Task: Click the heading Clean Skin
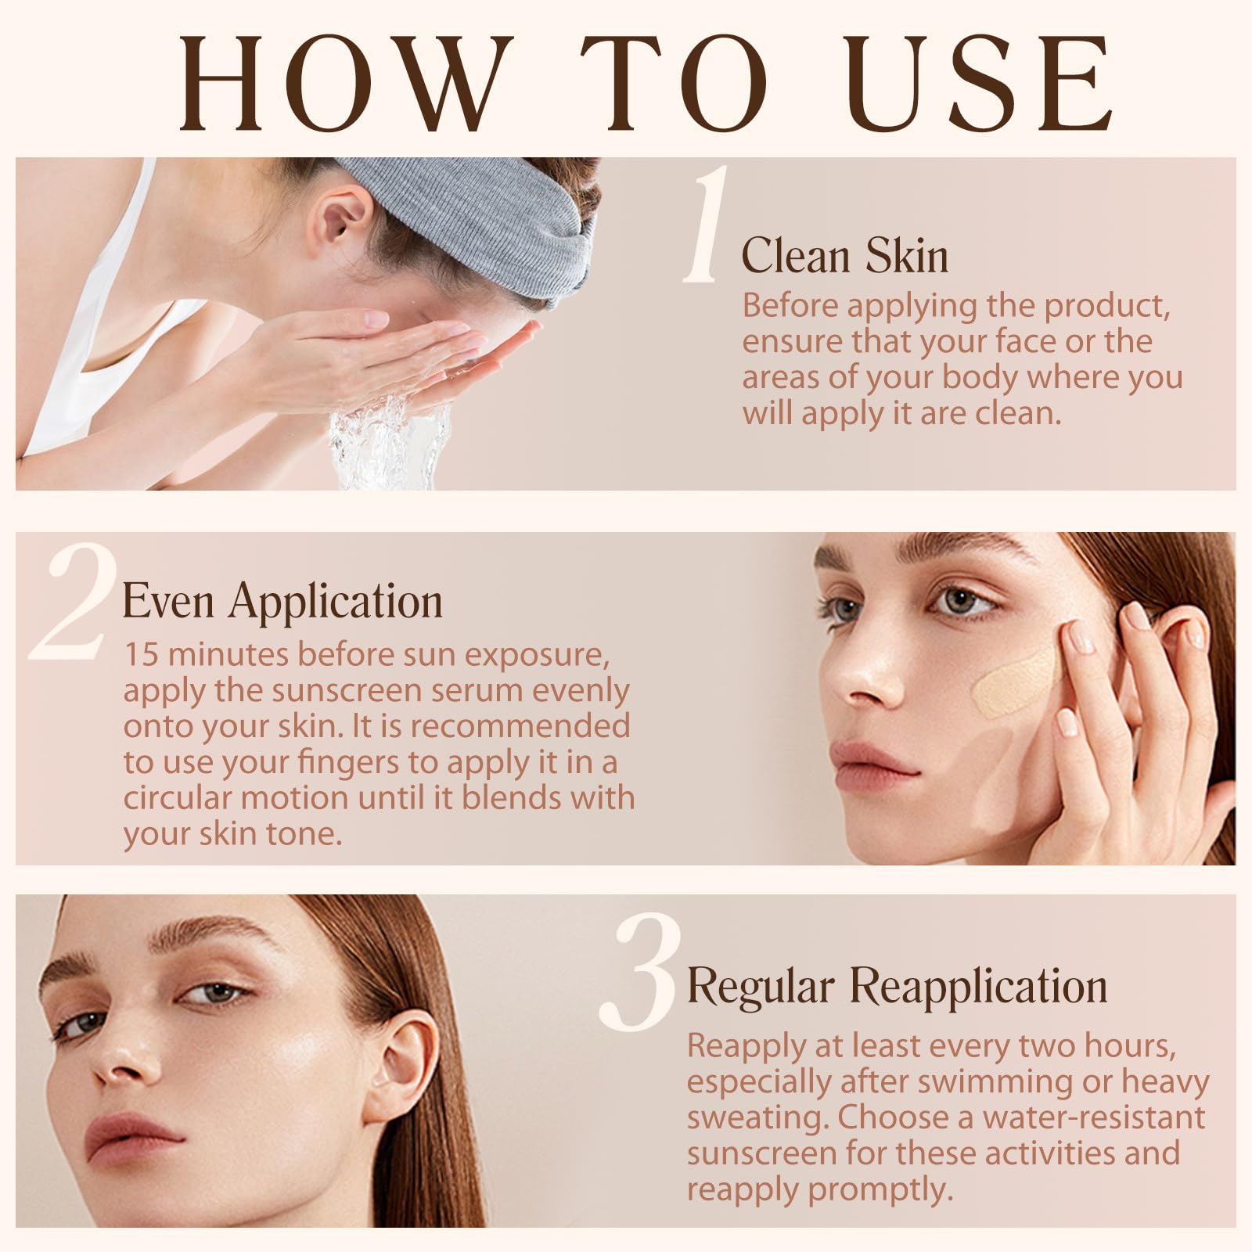[845, 255]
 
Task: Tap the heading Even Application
[282, 603]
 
